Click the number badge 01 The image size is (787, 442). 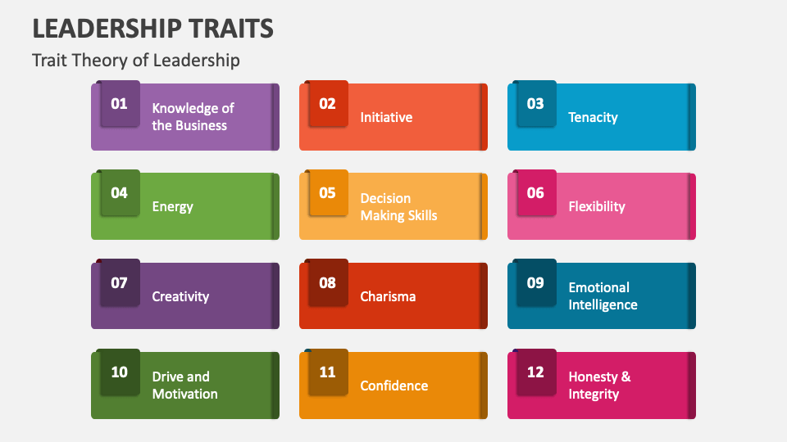tap(120, 104)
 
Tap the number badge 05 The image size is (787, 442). tap(327, 193)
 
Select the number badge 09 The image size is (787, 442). tap(535, 283)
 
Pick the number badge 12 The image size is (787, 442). tap(535, 372)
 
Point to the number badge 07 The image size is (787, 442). tap(120, 283)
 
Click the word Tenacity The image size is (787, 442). tap(593, 117)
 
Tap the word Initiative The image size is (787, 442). tap(386, 117)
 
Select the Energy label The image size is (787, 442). tap(172, 206)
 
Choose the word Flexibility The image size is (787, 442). tap(597, 206)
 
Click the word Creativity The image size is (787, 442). tap(180, 296)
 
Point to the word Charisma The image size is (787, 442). tap(388, 296)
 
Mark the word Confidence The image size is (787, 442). tap(394, 386)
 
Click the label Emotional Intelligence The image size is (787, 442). tap(603, 296)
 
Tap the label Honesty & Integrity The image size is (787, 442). tap(599, 386)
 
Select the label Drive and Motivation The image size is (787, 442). tap(184, 386)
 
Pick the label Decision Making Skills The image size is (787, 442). tap(398, 207)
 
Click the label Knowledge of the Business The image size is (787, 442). tap(193, 117)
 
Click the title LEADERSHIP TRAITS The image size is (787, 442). tap(152, 29)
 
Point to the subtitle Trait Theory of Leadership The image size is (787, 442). tap(136, 60)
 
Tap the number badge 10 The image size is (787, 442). tap(120, 372)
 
